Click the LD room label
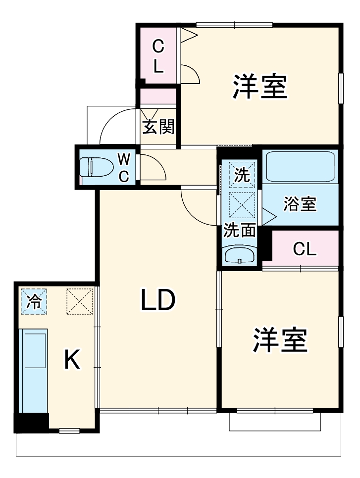click(158, 300)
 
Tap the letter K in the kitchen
click(72, 360)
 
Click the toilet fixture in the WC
click(97, 167)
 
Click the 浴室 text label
click(300, 204)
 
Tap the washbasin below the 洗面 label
click(240, 255)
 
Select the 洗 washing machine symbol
click(242, 175)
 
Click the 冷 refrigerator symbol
click(34, 301)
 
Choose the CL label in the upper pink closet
click(158, 56)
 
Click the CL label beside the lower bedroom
click(304, 249)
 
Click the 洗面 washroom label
click(240, 230)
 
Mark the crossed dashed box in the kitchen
click(79, 301)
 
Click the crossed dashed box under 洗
click(242, 205)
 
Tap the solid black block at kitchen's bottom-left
click(31, 422)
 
